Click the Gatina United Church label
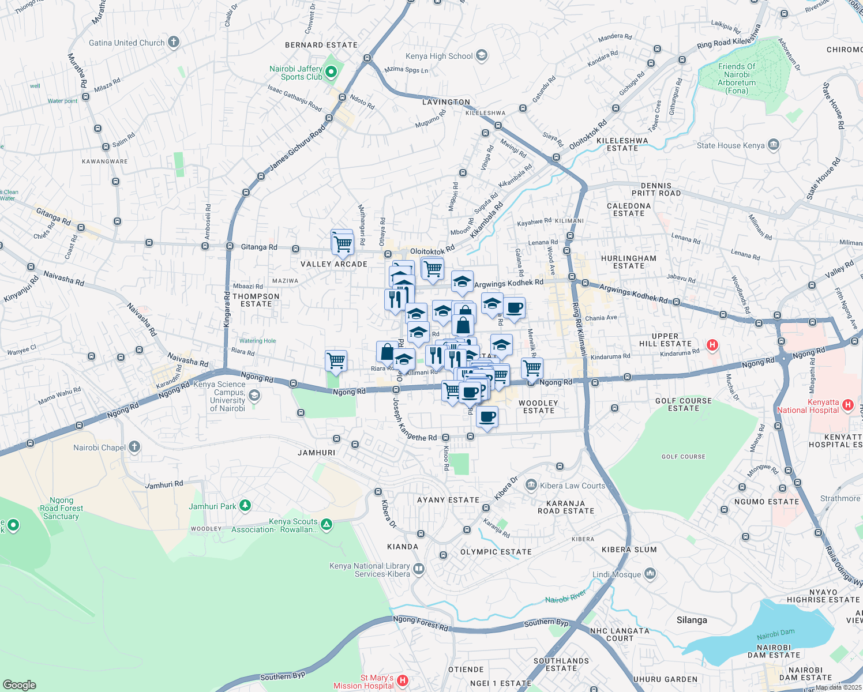click(127, 43)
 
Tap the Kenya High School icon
click(482, 56)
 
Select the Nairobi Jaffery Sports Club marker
click(331, 72)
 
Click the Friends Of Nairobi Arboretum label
click(737, 78)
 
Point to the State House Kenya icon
click(774, 145)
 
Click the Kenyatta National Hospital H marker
click(847, 405)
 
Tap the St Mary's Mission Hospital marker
click(403, 681)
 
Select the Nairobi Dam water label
click(776, 635)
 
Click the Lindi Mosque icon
click(650, 574)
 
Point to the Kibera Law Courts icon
click(531, 486)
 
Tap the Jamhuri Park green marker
click(245, 506)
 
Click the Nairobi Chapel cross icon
click(134, 447)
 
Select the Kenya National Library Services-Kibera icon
click(419, 569)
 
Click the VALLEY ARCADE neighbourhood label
click(334, 264)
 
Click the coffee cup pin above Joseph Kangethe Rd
click(487, 416)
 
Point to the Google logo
click(20, 685)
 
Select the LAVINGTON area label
click(446, 102)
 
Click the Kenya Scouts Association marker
click(327, 524)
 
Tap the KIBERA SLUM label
click(629, 550)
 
